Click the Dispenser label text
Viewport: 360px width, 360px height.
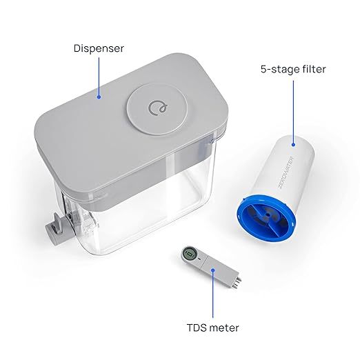point(99,48)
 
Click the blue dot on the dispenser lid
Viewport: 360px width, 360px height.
point(99,97)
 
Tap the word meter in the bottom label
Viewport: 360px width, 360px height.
point(223,329)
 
